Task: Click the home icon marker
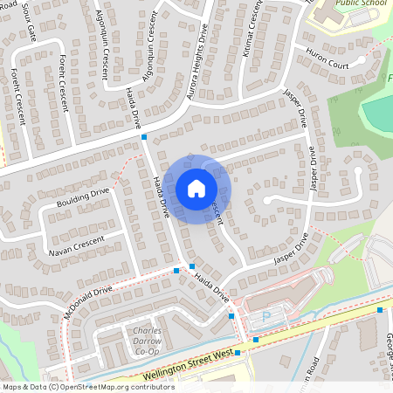[196, 188]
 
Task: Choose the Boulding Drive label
[83, 198]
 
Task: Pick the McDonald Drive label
[87, 301]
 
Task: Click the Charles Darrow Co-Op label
[148, 341]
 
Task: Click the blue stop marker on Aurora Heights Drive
[144, 137]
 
